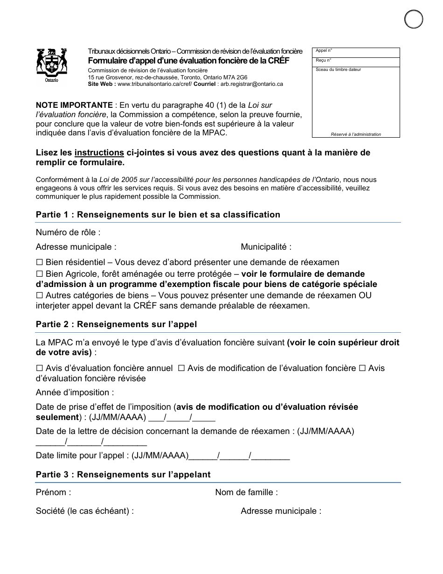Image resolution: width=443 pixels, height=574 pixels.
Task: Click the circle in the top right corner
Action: [413, 20]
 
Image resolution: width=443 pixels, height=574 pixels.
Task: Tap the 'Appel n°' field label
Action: [324, 50]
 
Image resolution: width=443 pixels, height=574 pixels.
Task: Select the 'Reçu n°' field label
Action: [324, 60]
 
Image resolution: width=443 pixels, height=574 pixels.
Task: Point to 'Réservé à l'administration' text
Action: [356, 134]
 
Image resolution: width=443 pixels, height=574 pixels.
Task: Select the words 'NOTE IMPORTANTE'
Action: [74, 105]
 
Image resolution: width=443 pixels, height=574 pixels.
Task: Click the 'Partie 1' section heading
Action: [158, 215]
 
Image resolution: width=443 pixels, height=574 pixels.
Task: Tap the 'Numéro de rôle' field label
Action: [68, 232]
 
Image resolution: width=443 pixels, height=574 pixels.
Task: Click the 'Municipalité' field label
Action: [266, 247]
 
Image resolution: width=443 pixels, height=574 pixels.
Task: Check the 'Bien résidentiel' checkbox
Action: [40, 262]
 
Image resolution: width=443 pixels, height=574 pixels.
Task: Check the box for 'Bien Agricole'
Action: [40, 274]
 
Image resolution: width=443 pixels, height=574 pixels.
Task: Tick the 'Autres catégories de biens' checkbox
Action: [40, 295]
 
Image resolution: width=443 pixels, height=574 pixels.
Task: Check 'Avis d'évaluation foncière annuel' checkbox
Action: [40, 368]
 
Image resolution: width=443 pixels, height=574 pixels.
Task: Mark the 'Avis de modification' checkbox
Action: [181, 368]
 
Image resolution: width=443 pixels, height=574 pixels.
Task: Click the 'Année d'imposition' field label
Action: [75, 392]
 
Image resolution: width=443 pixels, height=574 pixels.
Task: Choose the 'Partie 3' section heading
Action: [123, 475]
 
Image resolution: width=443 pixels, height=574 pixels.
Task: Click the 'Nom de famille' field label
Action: [246, 492]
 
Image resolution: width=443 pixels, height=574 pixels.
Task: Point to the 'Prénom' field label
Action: [54, 492]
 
